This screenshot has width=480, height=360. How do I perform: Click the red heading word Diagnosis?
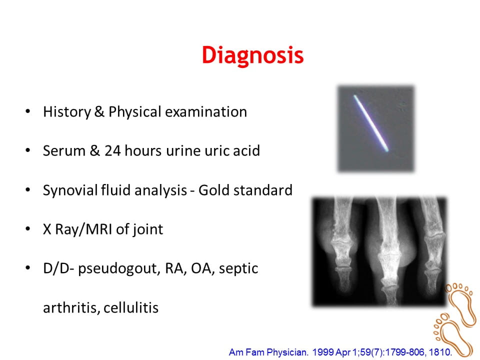(x=252, y=55)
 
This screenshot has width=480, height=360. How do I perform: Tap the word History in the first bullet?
(x=67, y=111)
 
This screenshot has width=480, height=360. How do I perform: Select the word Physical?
(x=134, y=112)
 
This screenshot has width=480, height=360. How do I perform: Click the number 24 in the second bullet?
(x=112, y=150)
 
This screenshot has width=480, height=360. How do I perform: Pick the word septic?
(x=238, y=269)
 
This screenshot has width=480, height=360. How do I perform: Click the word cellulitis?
(x=131, y=307)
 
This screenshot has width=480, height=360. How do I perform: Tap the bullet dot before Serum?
(x=28, y=150)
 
